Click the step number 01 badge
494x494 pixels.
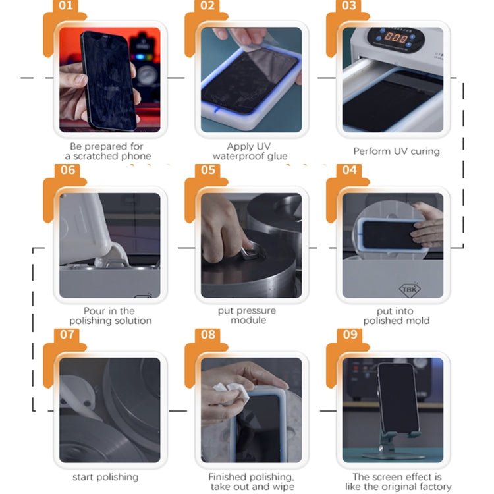[65, 6]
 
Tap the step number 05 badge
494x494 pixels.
[207, 170]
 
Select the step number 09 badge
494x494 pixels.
[350, 334]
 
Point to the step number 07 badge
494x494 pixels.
[67, 334]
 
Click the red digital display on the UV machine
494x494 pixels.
[396, 38]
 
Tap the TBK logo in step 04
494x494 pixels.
[409, 289]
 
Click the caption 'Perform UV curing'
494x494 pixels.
[397, 151]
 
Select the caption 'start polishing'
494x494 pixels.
[105, 477]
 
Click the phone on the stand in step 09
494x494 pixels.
[399, 398]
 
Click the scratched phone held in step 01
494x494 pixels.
[108, 80]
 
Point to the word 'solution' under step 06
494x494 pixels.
[132, 321]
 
